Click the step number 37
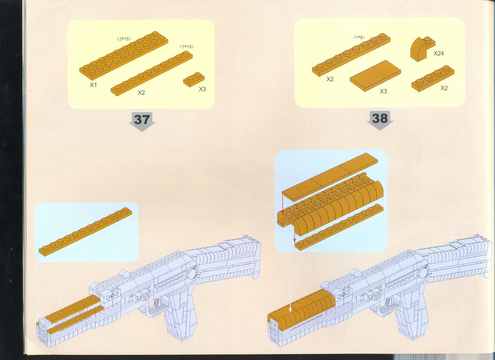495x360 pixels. coord(142,120)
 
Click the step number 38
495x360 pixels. coord(380,118)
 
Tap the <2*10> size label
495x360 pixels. coord(124,39)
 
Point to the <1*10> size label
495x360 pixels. coord(187,47)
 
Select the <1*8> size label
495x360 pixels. coord(359,37)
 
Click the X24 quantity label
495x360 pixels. coord(438,54)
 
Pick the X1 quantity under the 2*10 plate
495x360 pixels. coord(93,85)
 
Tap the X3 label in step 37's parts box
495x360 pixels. coord(202,89)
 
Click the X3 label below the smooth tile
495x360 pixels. coord(383,91)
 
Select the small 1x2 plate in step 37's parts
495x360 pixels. coord(194,79)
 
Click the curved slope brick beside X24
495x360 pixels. coord(422,49)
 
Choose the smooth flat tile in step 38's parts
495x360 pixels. coord(375,76)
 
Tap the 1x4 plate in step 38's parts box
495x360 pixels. coord(433,78)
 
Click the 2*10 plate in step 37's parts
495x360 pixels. coord(124,55)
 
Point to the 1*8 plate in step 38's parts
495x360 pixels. coord(351,55)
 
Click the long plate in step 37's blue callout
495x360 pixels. coord(85,232)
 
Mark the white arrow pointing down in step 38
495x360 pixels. coord(290,281)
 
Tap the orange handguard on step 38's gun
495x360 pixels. coord(302,310)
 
